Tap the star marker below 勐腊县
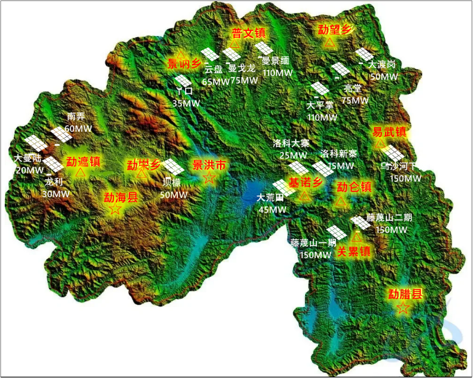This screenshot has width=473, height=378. pyautogui.click(x=403, y=308)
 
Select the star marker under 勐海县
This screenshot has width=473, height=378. pyautogui.click(x=115, y=209)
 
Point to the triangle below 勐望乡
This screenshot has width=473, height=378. pyautogui.click(x=330, y=43)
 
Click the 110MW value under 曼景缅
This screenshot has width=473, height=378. pyautogui.click(x=277, y=73)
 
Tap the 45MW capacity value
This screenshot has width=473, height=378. pyautogui.click(x=273, y=209)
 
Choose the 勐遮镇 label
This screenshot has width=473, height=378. pyautogui.click(x=83, y=161)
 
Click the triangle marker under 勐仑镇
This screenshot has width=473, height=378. pyautogui.click(x=341, y=202)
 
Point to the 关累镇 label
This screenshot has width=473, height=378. pyautogui.click(x=353, y=252)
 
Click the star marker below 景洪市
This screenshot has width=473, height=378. pyautogui.click(x=209, y=178)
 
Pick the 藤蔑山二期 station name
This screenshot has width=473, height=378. pyautogui.click(x=389, y=217)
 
